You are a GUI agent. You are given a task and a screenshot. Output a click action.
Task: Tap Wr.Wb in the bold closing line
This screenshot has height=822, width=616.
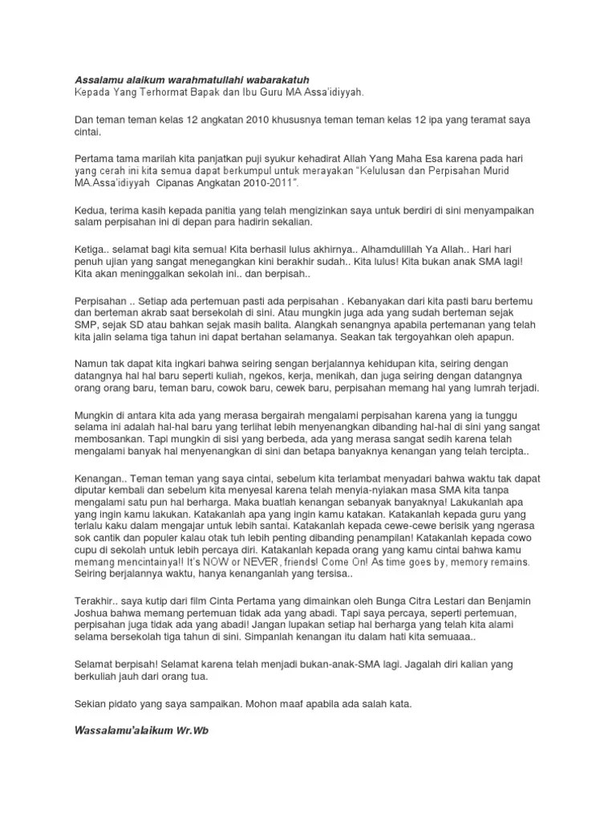pyautogui.click(x=196, y=732)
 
